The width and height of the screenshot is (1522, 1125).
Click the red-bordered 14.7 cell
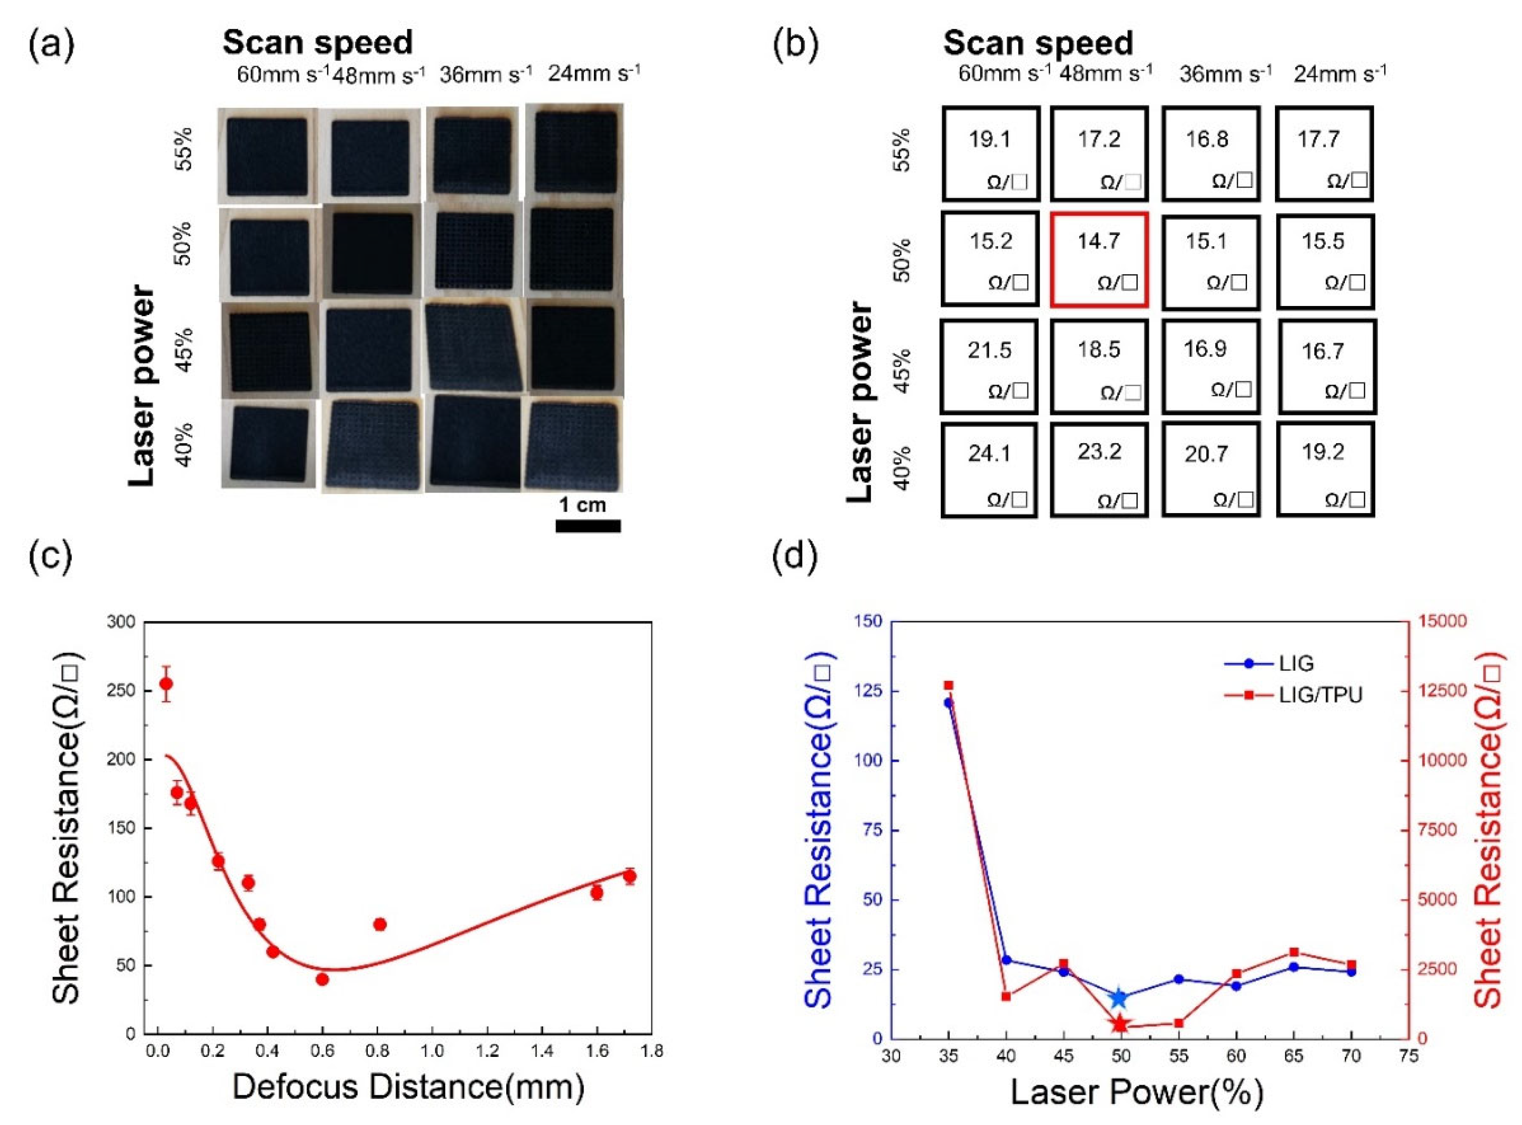coord(1099,259)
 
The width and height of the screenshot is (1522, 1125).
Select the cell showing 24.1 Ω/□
coord(990,470)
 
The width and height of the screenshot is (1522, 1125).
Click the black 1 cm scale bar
coord(588,525)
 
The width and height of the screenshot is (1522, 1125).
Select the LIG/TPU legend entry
coord(1293,695)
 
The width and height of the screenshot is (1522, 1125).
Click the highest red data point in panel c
coord(166,684)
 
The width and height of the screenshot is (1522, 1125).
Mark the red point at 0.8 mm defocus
coord(380,924)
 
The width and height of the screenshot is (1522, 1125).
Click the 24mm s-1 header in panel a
coord(593,73)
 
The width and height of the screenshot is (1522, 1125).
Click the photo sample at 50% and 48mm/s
coord(371,252)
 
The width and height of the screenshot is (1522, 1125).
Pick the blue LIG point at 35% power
coord(948,703)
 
